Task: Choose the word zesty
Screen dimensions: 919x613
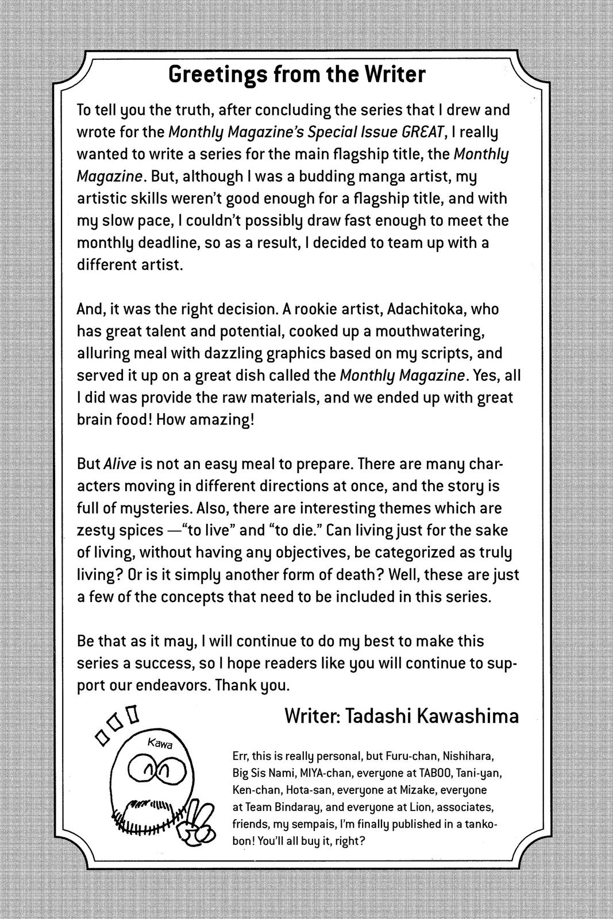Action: point(96,530)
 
